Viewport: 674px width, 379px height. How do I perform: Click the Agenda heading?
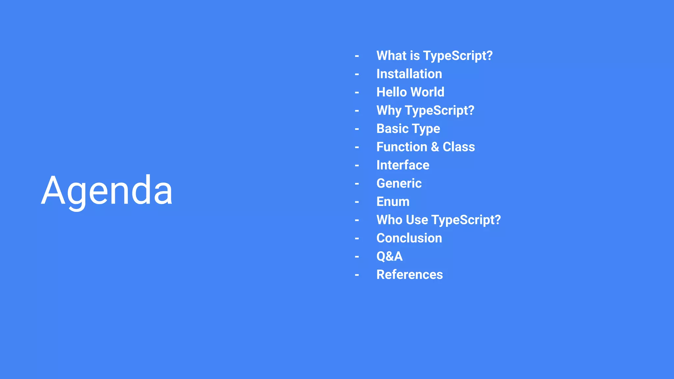[107, 191]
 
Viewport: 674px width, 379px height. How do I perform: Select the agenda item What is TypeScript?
[434, 56]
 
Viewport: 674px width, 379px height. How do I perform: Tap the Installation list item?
[409, 74]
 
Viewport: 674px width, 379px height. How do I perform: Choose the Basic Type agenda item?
[408, 129]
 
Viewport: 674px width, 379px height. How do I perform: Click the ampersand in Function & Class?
[435, 147]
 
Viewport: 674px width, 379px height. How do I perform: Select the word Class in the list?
[458, 147]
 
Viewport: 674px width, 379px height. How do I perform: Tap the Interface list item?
[403, 165]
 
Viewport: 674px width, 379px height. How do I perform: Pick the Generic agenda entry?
[399, 183]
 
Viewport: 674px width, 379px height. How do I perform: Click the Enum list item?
[393, 202]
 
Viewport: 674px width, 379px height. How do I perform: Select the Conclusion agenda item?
[409, 238]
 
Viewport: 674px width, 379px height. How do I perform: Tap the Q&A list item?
[389, 256]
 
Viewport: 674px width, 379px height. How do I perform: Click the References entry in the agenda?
[409, 275]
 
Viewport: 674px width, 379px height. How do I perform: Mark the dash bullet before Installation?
[357, 75]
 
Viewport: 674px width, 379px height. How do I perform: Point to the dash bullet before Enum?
[357, 202]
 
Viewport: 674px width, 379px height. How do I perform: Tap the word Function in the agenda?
[402, 147]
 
